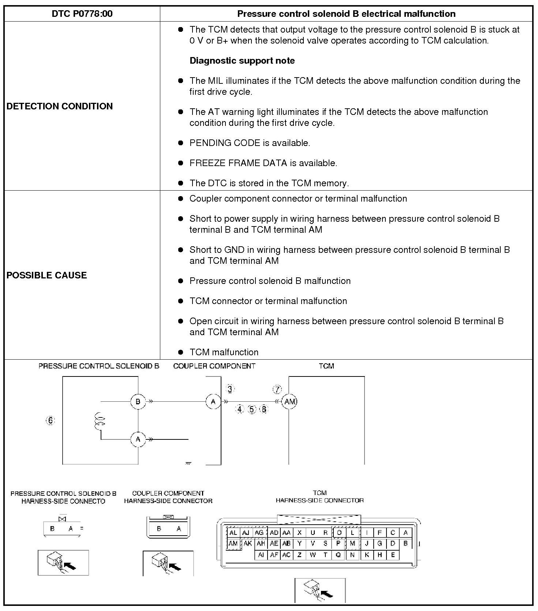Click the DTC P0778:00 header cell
coord(82,14)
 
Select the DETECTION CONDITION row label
coord(60,106)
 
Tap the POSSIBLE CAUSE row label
coord(47,275)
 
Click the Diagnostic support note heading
coord(242,61)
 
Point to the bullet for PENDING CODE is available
coord(180,143)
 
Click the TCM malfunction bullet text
coord(224,352)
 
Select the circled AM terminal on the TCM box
coord(289,402)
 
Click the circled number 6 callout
coord(50,420)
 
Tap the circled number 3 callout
coord(230,389)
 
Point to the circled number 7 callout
coord(277,390)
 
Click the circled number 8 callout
coord(264,409)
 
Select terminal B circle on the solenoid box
coord(138,402)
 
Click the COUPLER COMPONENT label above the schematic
coord(214,366)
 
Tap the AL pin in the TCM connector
coord(233,533)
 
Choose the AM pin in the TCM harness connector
coord(233,544)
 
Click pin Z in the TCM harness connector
coord(299,555)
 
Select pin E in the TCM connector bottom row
coord(393,555)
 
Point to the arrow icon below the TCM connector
coord(320,591)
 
